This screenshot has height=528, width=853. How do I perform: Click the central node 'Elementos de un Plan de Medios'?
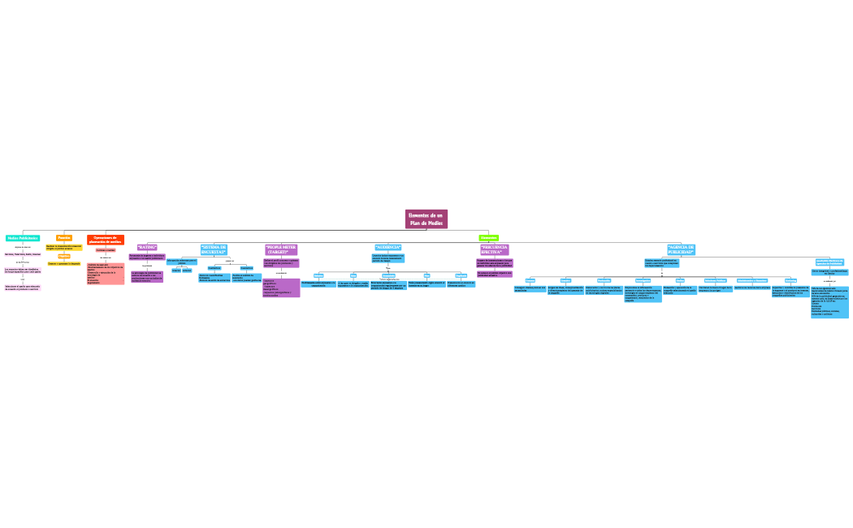(x=426, y=219)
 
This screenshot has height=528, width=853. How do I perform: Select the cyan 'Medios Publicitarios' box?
(x=23, y=238)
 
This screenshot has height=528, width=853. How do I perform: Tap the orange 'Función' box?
(x=64, y=238)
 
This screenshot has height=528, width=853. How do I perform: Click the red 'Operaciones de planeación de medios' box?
(x=106, y=240)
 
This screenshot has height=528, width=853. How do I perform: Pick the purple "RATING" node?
(x=147, y=247)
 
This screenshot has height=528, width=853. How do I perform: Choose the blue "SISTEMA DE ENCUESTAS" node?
(x=214, y=249)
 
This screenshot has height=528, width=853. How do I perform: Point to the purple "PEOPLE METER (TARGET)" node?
(x=281, y=249)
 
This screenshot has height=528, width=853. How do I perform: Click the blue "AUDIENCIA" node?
(x=388, y=247)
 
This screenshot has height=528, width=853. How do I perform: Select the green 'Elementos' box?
(x=488, y=238)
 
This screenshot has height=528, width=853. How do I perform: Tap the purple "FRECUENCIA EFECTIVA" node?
(x=494, y=249)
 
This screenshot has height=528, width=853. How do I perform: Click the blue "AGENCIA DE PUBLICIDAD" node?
(x=681, y=249)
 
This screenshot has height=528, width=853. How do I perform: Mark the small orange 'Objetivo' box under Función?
(x=64, y=256)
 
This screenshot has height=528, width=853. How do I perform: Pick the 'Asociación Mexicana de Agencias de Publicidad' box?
(x=829, y=262)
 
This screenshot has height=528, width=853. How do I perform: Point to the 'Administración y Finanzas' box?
(x=752, y=280)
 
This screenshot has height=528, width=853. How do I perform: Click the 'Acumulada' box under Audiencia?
(x=388, y=275)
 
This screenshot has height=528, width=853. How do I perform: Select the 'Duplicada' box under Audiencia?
(x=461, y=275)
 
